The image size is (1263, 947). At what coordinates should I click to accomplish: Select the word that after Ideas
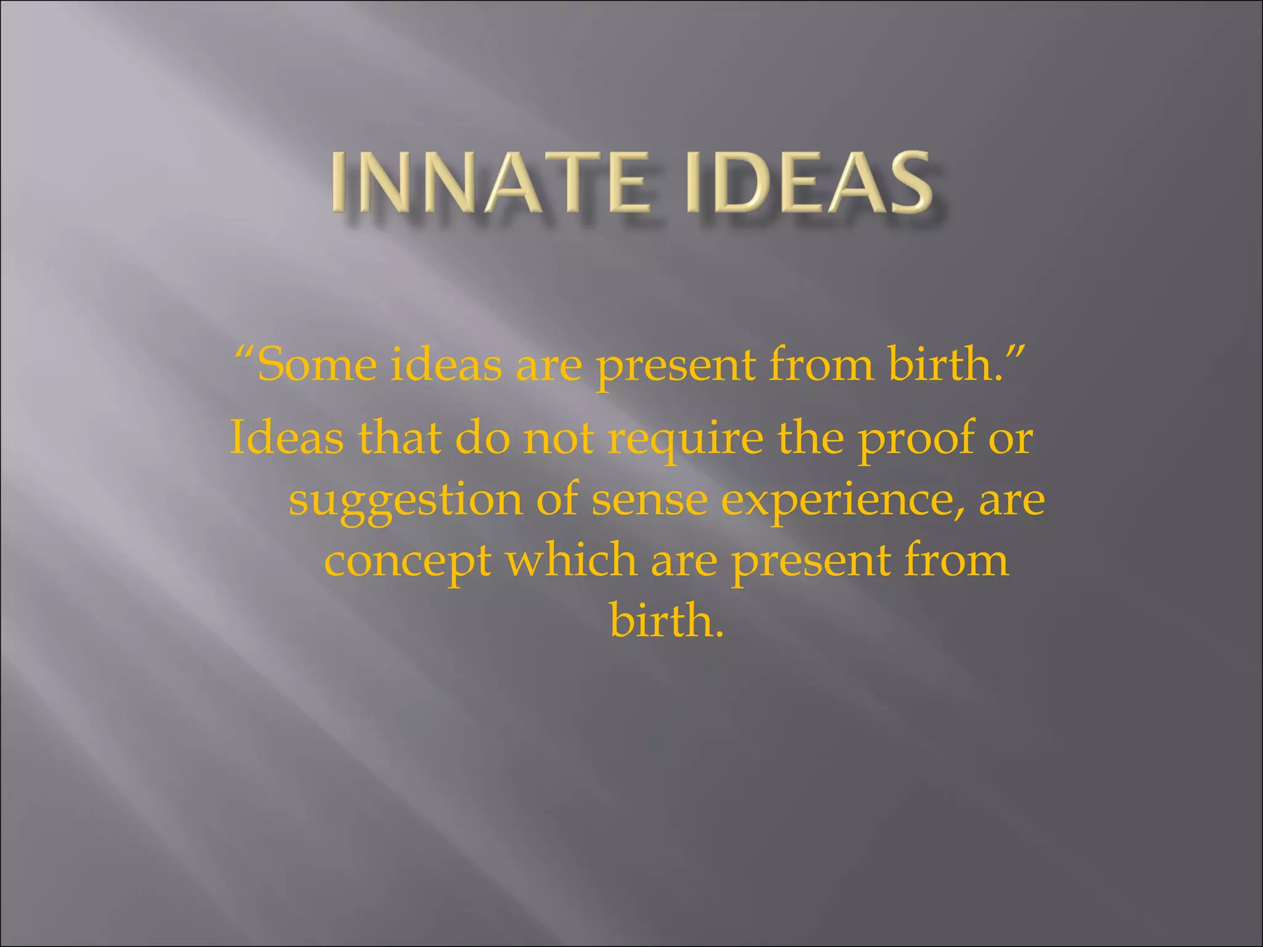[400, 438]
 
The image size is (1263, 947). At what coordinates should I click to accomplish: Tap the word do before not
[483, 438]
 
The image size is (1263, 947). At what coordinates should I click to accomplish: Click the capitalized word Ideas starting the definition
[287, 438]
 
